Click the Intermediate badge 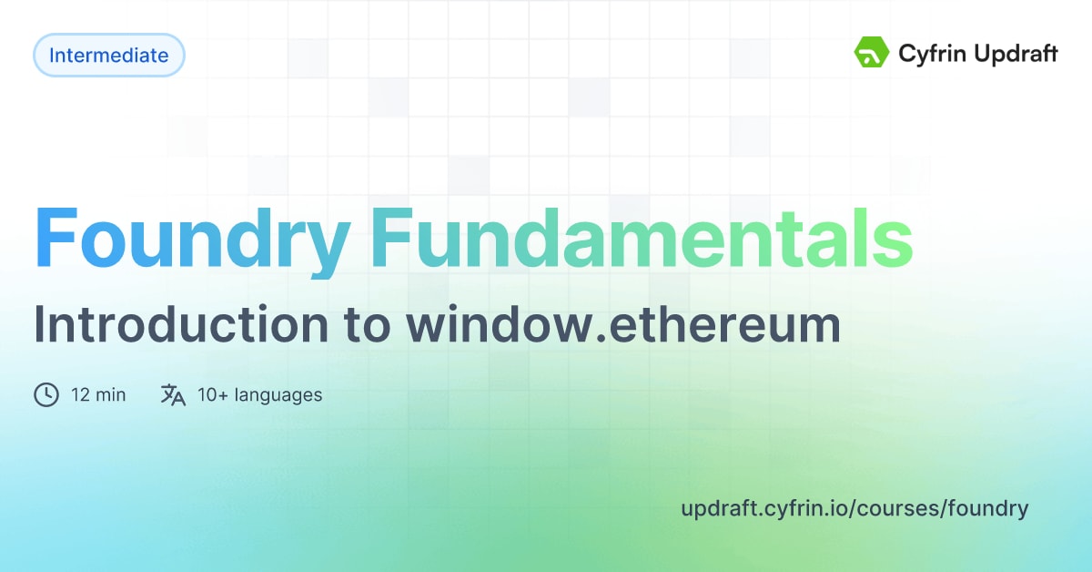coord(108,56)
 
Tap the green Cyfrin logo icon coord(871,54)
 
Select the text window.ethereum coord(623,325)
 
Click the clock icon coord(46,395)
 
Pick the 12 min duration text coord(98,395)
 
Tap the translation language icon coord(173,395)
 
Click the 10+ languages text coord(259,395)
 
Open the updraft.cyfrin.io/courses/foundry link coord(854,508)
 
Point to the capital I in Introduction coord(40,324)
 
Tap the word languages coord(278,395)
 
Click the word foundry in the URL coord(988,508)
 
